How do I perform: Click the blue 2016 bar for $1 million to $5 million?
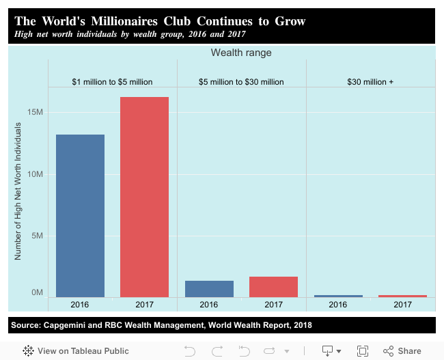click(80, 215)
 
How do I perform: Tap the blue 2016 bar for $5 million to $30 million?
click(209, 289)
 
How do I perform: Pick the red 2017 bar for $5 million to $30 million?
click(273, 287)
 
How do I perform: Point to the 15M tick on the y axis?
click(36, 112)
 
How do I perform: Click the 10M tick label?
click(36, 174)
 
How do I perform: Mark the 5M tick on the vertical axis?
click(38, 236)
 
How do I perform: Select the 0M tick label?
click(38, 292)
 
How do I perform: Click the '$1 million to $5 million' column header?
click(112, 82)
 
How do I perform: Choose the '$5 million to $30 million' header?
click(241, 82)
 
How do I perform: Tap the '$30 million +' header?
click(370, 82)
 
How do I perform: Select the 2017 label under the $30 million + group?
click(402, 305)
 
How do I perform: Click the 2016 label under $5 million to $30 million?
click(209, 305)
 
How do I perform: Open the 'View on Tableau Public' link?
click(76, 351)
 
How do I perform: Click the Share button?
click(402, 351)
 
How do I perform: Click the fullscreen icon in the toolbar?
click(363, 351)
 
